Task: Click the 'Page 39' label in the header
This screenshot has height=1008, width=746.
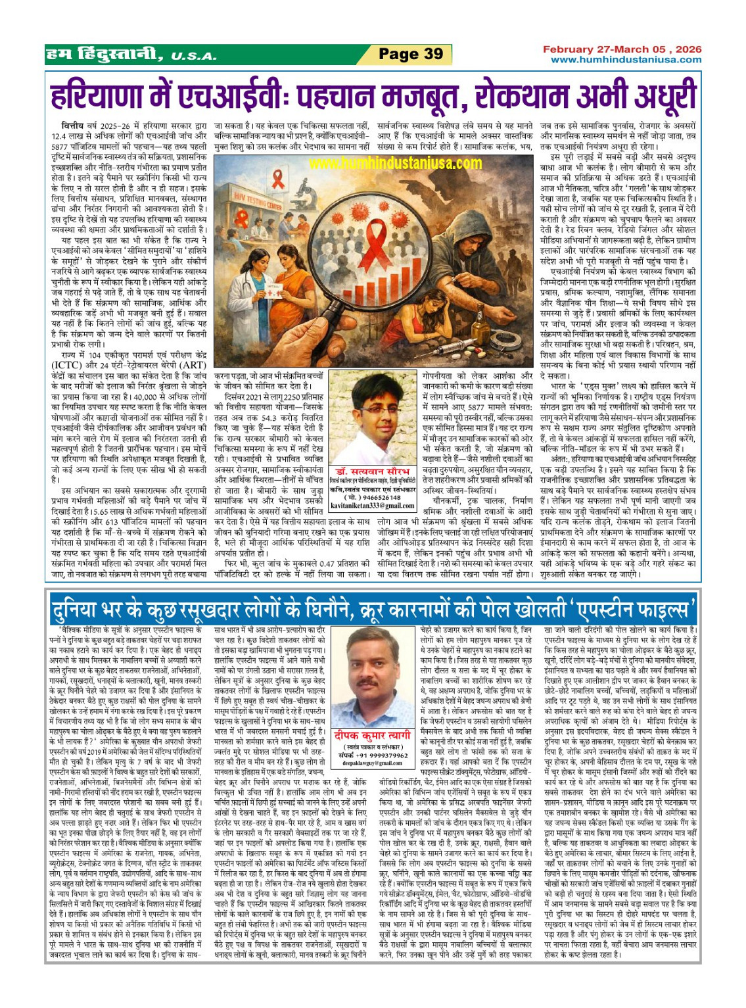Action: tap(411, 54)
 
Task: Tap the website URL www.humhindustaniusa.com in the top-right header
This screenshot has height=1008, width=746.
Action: tap(626, 60)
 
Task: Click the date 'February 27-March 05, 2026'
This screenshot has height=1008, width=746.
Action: tap(622, 49)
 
